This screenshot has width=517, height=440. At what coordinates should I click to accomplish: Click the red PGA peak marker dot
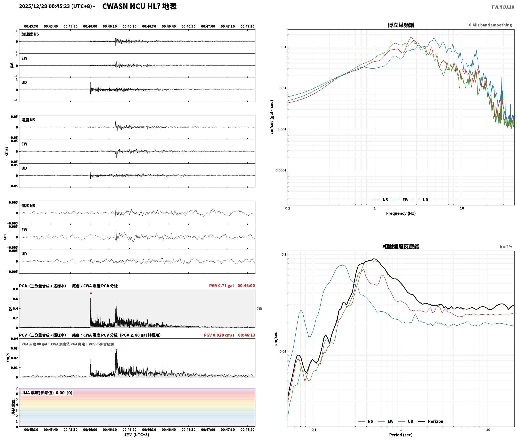pyautogui.click(x=91, y=293)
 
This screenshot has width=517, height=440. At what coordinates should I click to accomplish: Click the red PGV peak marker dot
pyautogui.click(x=116, y=350)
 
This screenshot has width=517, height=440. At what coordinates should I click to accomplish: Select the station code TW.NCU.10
pyautogui.click(x=503, y=7)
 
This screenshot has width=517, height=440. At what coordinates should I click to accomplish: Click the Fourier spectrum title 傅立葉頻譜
pyautogui.click(x=401, y=25)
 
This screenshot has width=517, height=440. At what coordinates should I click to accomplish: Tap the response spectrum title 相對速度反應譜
pyautogui.click(x=401, y=246)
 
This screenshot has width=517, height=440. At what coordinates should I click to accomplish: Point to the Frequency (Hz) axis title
pyautogui.click(x=401, y=213)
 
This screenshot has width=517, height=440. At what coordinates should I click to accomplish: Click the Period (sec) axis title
pyautogui.click(x=401, y=435)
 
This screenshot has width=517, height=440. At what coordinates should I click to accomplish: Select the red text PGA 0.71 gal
pyautogui.click(x=221, y=285)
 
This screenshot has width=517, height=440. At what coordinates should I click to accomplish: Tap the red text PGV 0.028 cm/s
pyautogui.click(x=219, y=335)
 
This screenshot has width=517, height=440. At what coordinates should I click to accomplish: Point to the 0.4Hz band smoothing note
pyautogui.click(x=490, y=25)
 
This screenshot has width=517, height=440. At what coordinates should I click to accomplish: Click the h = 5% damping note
pyautogui.click(x=506, y=247)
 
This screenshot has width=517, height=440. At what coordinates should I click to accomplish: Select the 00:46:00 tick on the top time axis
pyautogui.click(x=90, y=26)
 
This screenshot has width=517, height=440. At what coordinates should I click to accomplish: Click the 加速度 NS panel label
pyautogui.click(x=30, y=34)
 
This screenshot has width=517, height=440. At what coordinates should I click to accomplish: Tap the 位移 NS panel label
pyautogui.click(x=28, y=206)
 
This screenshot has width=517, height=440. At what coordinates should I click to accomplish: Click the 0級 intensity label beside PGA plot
pyautogui.click(x=259, y=308)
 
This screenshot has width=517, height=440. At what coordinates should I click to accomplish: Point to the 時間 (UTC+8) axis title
pyautogui.click(x=137, y=434)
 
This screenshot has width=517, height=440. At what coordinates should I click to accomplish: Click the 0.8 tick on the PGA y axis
pyautogui.click(x=15, y=289)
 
